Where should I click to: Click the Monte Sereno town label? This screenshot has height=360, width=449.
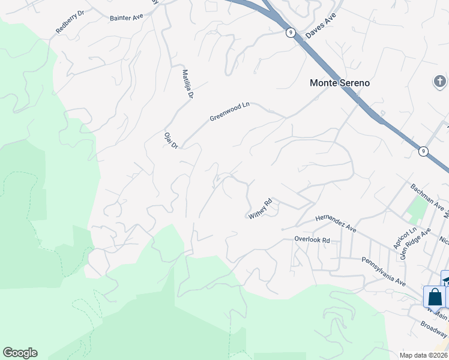pos(339,83)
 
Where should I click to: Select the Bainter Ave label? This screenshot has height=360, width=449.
pos(127,17)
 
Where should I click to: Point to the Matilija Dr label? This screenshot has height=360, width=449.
pos(188,84)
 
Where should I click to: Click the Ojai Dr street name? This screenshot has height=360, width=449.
pos(171,140)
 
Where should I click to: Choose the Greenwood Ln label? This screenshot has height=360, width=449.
pos(229,111)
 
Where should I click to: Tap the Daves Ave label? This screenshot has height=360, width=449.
pos(319,25)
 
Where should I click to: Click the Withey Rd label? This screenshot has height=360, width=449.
pos(261,208)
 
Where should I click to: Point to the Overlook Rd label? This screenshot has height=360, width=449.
pos(312,239)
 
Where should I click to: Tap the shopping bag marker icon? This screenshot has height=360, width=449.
pos(435,296)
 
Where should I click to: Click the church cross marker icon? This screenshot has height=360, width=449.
pos(440,81)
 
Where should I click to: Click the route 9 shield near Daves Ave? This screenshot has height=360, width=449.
pos(291,33)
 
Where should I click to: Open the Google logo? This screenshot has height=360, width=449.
pos(20,353)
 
